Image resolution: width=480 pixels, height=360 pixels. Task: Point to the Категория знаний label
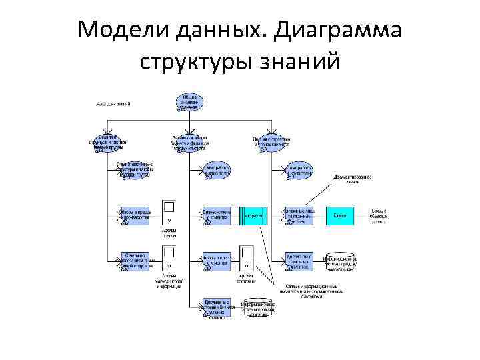click(x=113, y=104)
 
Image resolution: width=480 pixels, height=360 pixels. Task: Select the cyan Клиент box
click(x=339, y=215)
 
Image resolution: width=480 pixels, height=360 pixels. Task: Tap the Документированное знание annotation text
click(x=353, y=179)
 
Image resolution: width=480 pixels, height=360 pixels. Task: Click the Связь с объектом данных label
click(x=379, y=215)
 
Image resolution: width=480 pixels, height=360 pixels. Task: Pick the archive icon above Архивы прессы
click(x=169, y=211)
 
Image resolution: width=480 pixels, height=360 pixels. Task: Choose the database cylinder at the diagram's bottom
click(x=257, y=307)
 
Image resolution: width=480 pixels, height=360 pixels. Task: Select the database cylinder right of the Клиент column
click(x=340, y=261)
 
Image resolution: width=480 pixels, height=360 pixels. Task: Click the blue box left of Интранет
click(x=217, y=215)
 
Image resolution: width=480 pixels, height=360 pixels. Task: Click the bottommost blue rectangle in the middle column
click(x=217, y=307)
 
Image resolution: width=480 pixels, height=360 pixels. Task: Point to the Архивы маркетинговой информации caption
click(x=169, y=283)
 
